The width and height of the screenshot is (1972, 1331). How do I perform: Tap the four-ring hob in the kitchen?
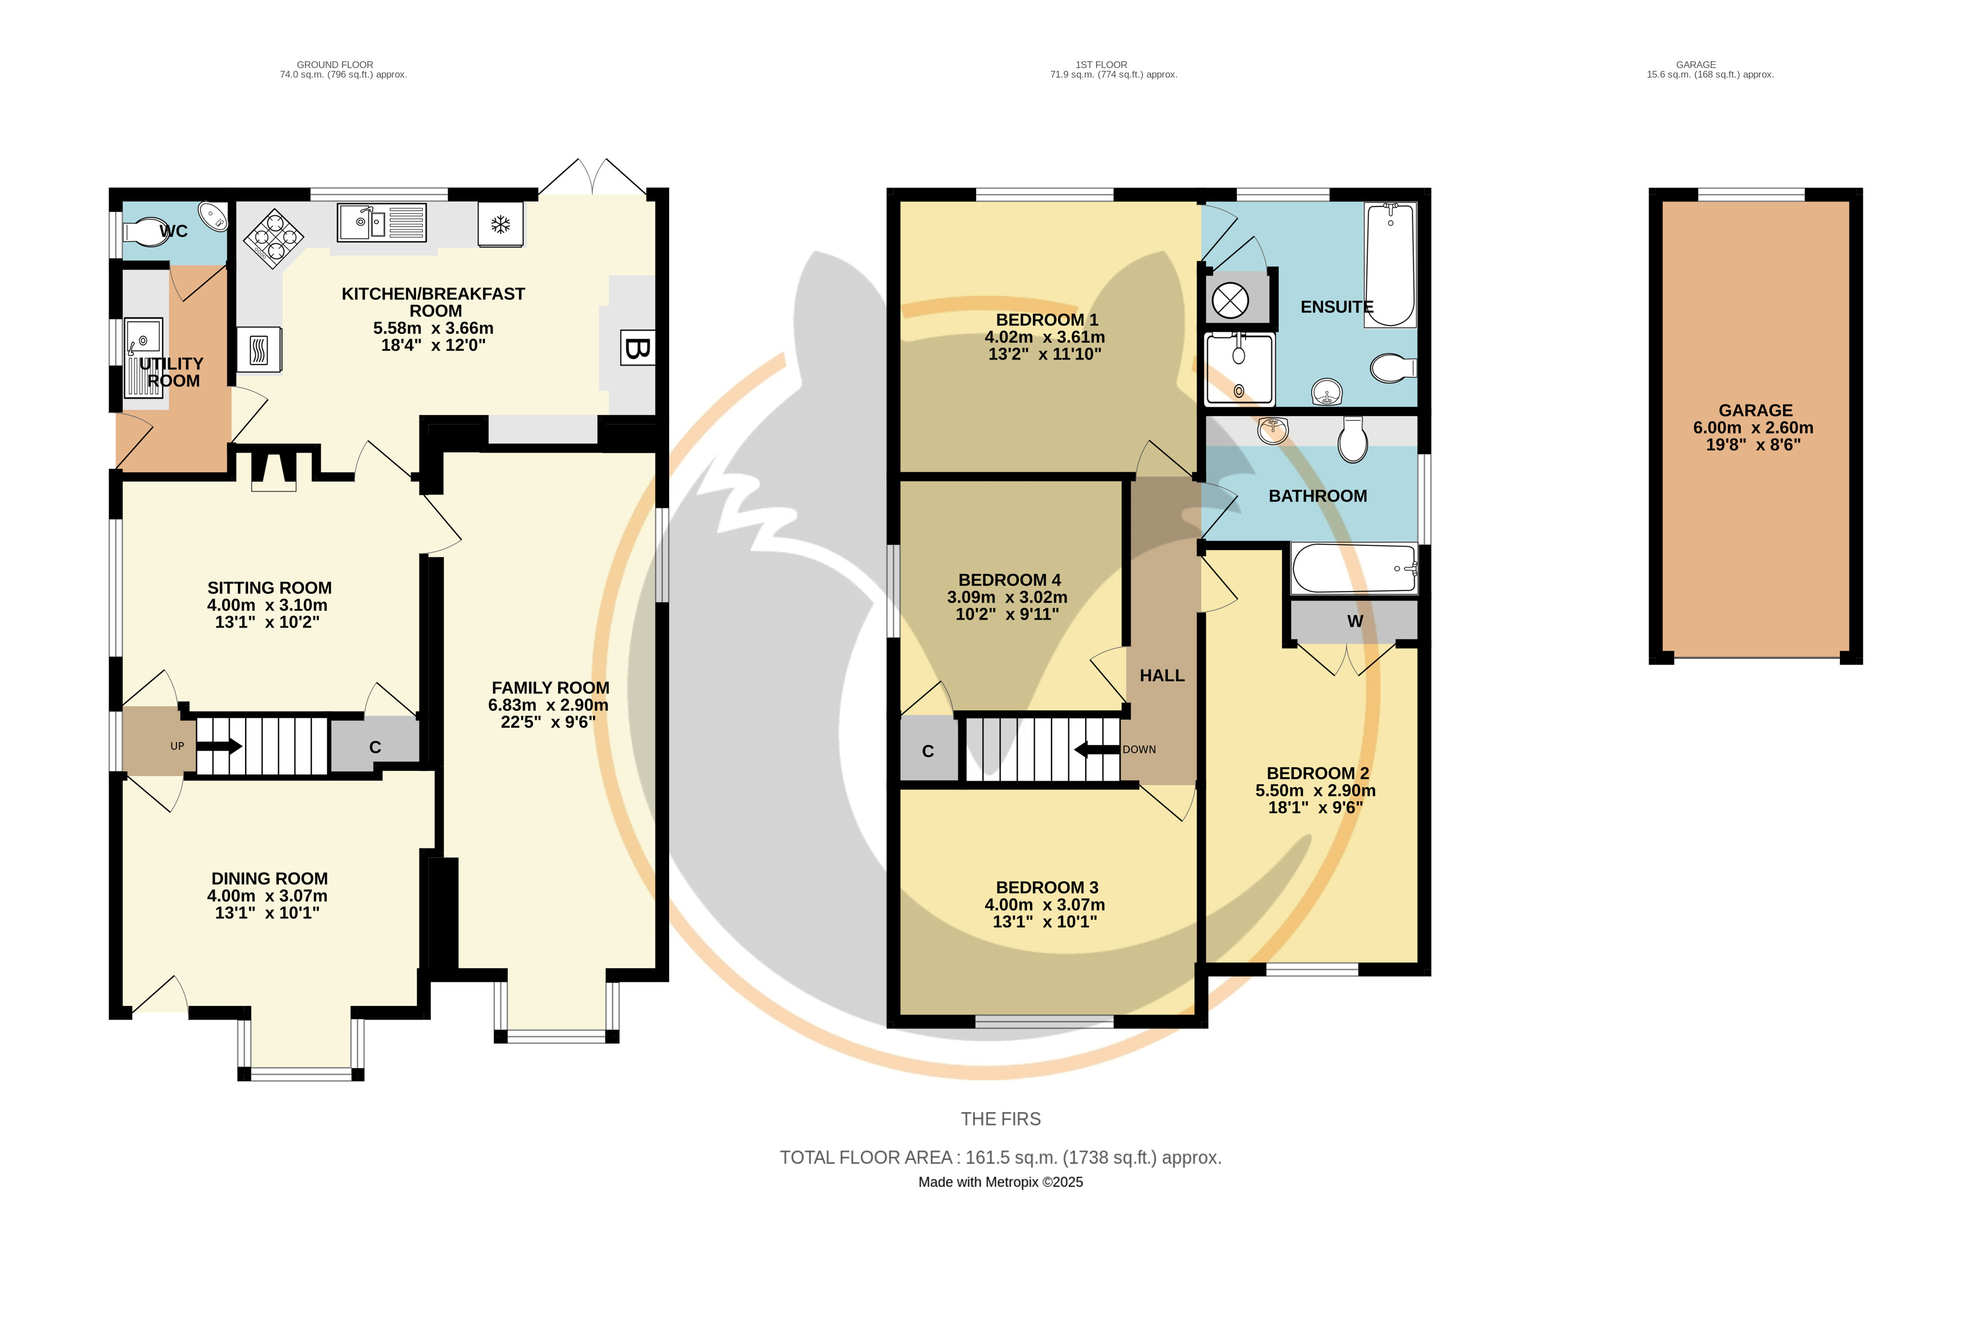[273, 238]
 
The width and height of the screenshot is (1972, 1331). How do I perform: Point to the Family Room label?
[550, 688]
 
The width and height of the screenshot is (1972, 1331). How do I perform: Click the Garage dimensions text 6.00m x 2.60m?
[1753, 427]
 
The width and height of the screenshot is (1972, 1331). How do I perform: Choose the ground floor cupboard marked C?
[374, 746]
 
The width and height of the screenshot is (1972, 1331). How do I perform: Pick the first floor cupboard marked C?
[928, 750]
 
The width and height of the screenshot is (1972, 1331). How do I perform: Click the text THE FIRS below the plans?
[1000, 1119]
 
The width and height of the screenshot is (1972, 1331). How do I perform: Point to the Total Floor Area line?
[1000, 1158]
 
